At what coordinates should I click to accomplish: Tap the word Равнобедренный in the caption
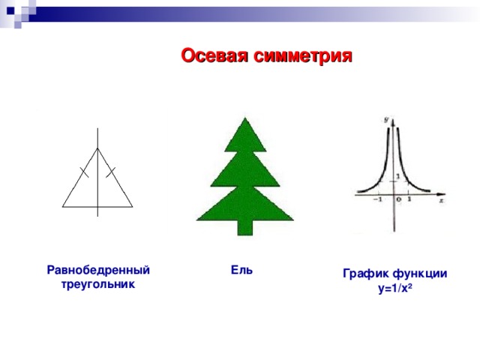(97, 270)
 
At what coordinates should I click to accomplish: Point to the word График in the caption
(365, 274)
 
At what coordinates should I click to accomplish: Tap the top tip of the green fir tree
(241, 118)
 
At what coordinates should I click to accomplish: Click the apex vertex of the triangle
(97, 148)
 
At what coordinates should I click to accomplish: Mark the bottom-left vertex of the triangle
(63, 206)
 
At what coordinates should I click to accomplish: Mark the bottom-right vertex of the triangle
(133, 206)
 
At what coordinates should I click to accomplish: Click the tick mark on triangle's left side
(84, 172)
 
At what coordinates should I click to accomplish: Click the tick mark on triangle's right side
(111, 172)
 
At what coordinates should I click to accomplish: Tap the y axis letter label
(385, 118)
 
